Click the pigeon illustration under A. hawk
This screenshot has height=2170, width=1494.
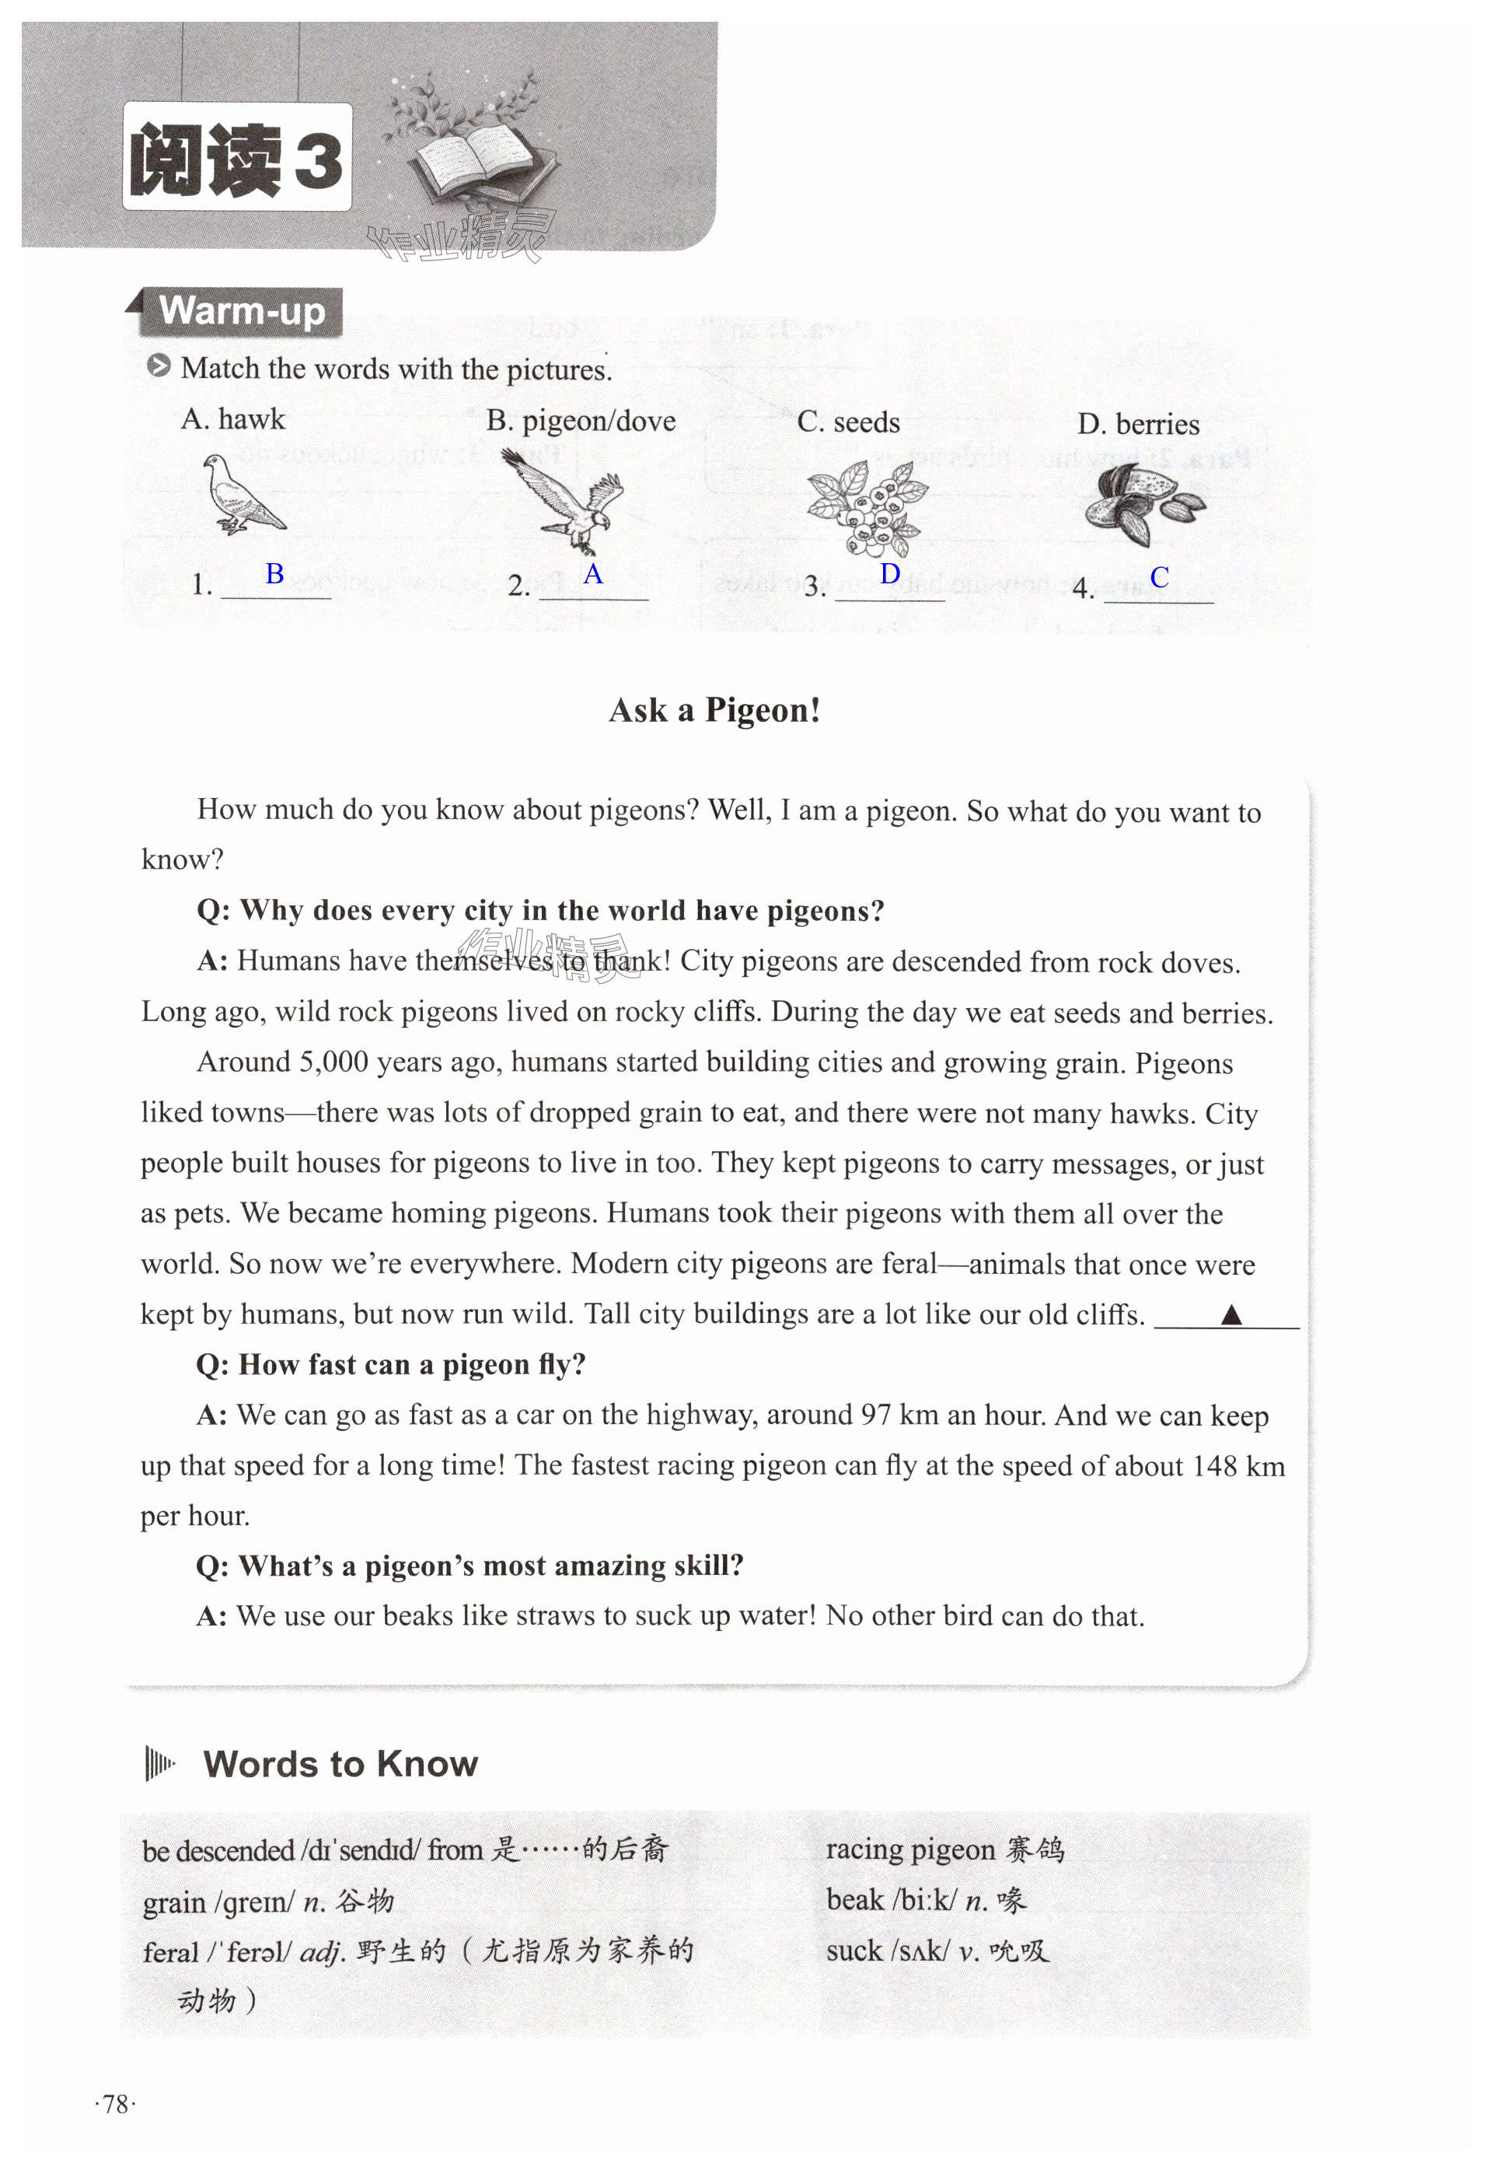243,495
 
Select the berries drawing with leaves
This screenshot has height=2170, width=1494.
867,509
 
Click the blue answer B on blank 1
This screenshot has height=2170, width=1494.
274,573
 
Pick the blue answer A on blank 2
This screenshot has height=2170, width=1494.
592,574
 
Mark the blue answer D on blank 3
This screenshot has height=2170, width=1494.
890,574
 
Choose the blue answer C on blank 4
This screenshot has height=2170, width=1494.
1159,578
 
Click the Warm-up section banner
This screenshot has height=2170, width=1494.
242,312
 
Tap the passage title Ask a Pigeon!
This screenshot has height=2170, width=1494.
714,711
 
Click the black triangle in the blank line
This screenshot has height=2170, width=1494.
1231,1315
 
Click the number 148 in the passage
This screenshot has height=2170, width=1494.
1214,1465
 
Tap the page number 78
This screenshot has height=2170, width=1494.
115,2105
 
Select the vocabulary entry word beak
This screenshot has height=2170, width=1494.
854,1900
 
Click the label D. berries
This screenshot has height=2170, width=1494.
1137,424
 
